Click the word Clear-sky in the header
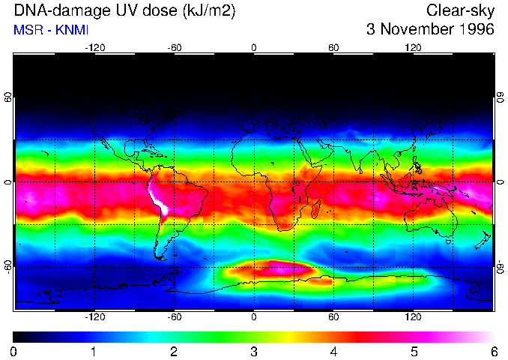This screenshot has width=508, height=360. (x=460, y=10)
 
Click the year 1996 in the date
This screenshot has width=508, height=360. (x=475, y=30)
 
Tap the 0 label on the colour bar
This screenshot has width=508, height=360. (x=14, y=351)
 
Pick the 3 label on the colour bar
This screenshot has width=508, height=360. (x=253, y=351)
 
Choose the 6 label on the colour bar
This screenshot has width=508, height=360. (x=493, y=351)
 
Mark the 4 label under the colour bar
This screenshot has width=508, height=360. (x=333, y=351)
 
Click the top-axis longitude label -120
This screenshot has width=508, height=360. (x=94, y=47)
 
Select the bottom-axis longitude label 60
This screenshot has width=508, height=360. (x=333, y=318)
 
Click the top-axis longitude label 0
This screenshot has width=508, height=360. (x=253, y=47)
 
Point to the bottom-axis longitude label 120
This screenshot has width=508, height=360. (x=413, y=318)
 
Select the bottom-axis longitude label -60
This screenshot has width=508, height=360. (x=174, y=318)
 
